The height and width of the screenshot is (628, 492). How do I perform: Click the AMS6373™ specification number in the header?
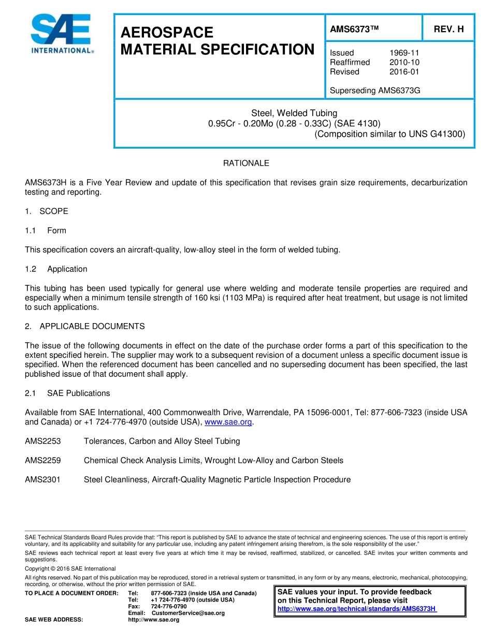click(354, 30)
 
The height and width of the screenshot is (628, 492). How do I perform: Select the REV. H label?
click(448, 30)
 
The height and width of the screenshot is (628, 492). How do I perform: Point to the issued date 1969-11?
click(404, 53)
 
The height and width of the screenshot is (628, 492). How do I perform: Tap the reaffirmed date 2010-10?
click(404, 62)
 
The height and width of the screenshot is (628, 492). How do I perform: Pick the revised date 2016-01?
click(404, 72)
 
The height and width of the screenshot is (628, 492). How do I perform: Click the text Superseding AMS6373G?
click(375, 91)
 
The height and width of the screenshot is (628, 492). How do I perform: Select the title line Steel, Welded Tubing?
click(294, 113)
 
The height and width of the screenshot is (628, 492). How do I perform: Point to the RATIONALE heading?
click(246, 163)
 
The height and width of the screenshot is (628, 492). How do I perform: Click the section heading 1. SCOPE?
click(47, 211)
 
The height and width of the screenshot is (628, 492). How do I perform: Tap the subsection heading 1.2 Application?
click(56, 269)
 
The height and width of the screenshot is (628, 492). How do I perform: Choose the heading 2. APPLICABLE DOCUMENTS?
click(85, 326)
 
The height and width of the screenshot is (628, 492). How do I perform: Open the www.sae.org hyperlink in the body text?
click(228, 422)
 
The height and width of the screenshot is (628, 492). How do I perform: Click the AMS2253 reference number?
click(43, 441)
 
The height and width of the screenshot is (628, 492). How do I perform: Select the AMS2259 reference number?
click(43, 460)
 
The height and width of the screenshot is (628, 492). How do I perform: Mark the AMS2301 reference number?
click(43, 479)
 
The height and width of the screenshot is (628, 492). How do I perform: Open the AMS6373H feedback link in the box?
click(357, 609)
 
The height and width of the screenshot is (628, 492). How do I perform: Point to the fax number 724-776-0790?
click(169, 606)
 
